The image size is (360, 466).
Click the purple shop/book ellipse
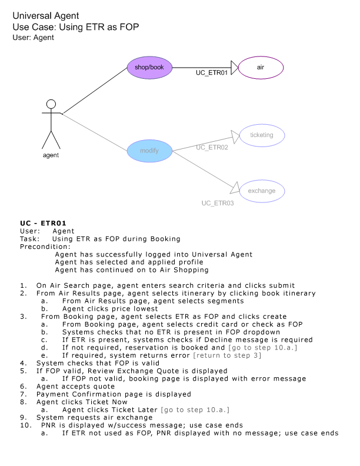[x=149, y=68]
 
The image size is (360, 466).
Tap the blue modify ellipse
[x=149, y=151]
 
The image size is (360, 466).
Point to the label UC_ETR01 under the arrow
[x=212, y=73]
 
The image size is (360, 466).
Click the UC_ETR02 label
[x=212, y=148]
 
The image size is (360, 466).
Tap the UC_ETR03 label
[x=218, y=203]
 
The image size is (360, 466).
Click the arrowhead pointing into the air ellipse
[x=235, y=68]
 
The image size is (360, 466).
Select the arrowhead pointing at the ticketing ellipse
[x=235, y=137]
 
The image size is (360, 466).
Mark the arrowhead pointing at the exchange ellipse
[x=235, y=188]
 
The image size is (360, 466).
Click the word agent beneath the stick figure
[x=51, y=155]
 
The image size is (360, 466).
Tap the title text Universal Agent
[x=46, y=15]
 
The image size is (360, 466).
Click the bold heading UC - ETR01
[x=43, y=223]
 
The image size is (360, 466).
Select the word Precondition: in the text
[x=45, y=247]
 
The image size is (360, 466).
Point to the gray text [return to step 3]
[x=227, y=355]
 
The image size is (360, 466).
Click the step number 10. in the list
[x=26, y=425]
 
